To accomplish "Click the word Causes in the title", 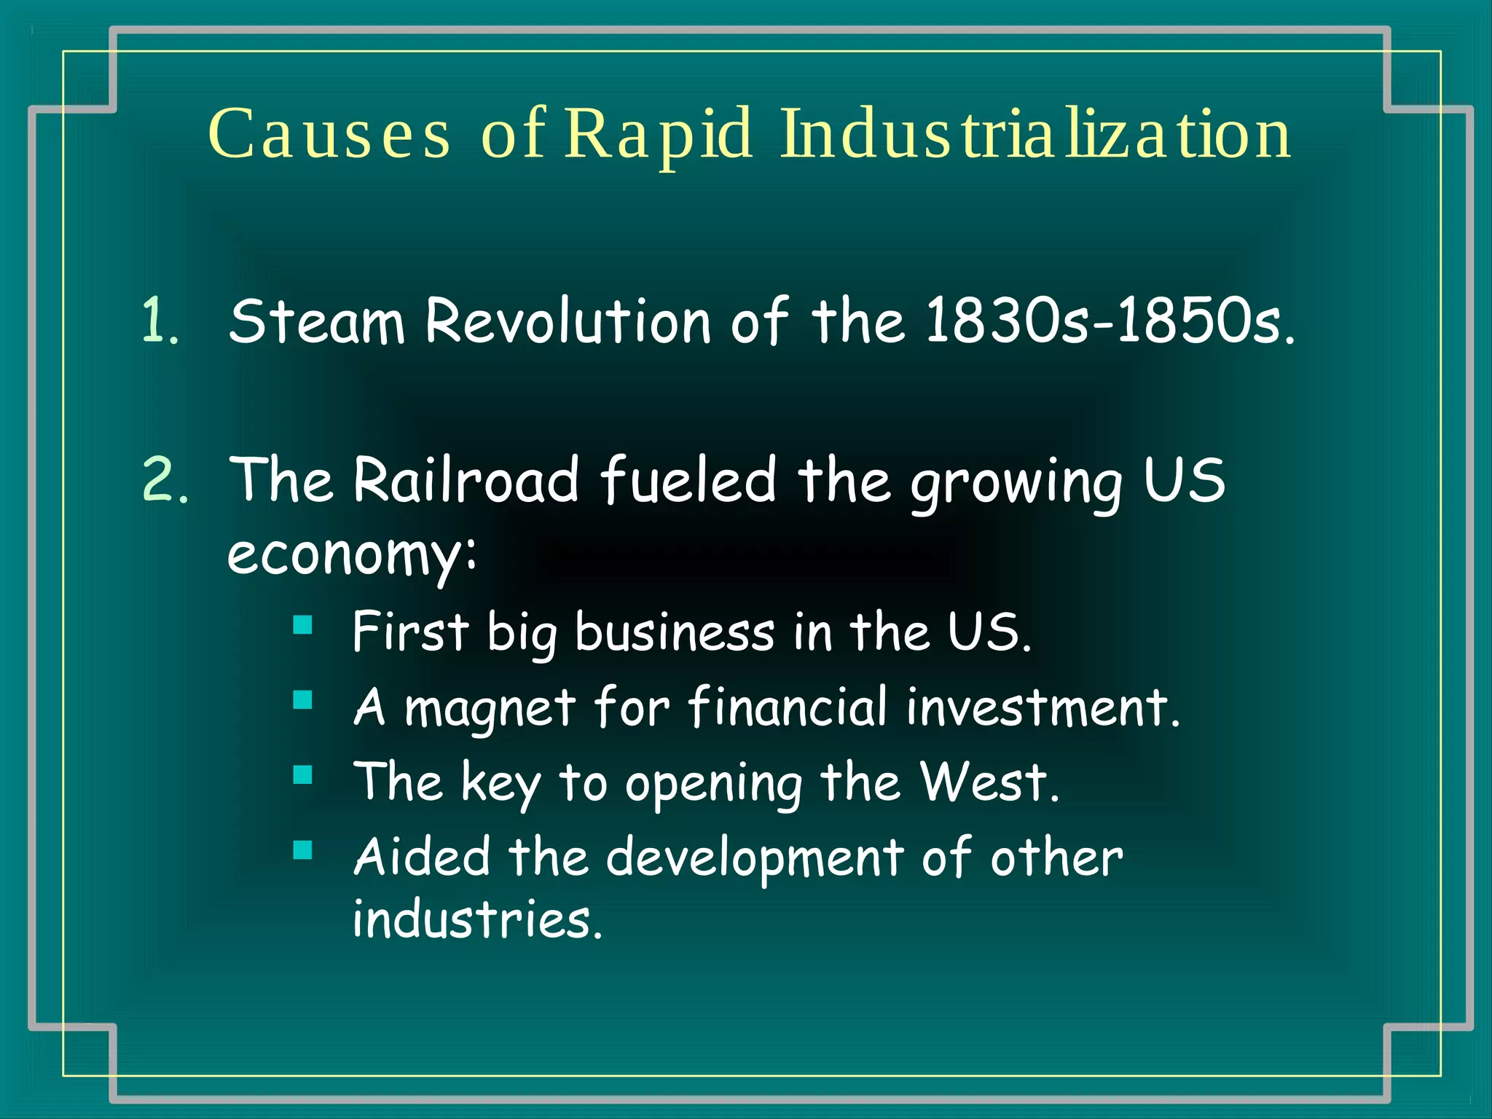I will pyautogui.click(x=329, y=134).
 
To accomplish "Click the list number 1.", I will pyautogui.click(x=160, y=321).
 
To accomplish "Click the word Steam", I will pyautogui.click(x=316, y=321).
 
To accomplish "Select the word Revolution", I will pyautogui.click(x=568, y=321).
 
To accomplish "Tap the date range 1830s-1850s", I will pyautogui.click(x=1110, y=321).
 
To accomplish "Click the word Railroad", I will pyautogui.click(x=466, y=481).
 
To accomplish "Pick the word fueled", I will pyautogui.click(x=688, y=481).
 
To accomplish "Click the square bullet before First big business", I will pyautogui.click(x=302, y=625).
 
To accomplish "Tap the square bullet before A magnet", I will pyautogui.click(x=302, y=700).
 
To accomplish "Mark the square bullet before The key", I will pyautogui.click(x=302, y=774).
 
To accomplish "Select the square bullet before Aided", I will pyautogui.click(x=302, y=850).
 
